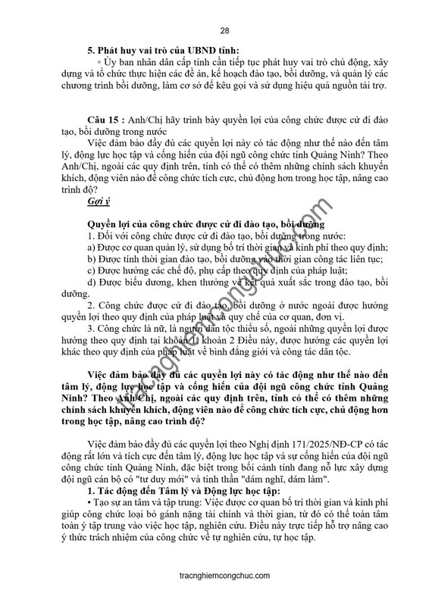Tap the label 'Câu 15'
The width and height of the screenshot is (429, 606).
tap(105, 120)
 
